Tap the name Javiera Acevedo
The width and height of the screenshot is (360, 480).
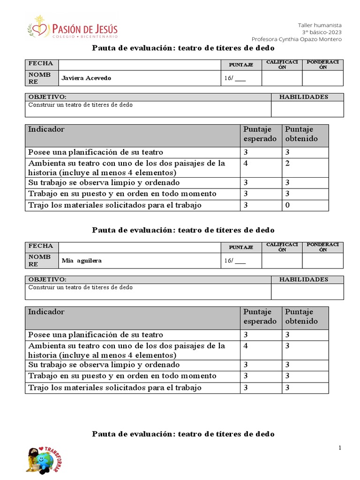click(x=86, y=78)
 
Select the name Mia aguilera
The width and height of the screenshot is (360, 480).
click(x=82, y=261)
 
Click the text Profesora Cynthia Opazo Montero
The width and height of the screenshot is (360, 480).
click(x=296, y=39)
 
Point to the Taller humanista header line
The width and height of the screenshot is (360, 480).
click(x=320, y=25)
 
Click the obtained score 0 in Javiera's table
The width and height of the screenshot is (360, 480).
click(x=287, y=205)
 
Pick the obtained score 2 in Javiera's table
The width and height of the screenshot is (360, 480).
click(x=287, y=164)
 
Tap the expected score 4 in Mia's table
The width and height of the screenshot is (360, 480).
click(x=246, y=346)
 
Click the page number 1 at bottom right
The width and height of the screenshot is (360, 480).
click(x=340, y=448)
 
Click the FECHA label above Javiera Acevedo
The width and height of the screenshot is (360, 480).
click(x=41, y=64)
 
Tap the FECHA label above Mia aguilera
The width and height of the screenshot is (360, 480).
click(x=41, y=246)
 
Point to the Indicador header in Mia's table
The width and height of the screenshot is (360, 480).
click(x=46, y=312)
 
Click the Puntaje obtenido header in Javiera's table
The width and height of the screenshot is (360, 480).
click(x=301, y=134)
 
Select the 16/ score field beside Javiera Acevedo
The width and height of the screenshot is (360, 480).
click(x=234, y=78)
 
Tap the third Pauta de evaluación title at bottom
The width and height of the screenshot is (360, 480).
click(x=183, y=434)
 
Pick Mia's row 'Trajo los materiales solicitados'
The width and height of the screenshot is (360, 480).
click(x=115, y=388)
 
